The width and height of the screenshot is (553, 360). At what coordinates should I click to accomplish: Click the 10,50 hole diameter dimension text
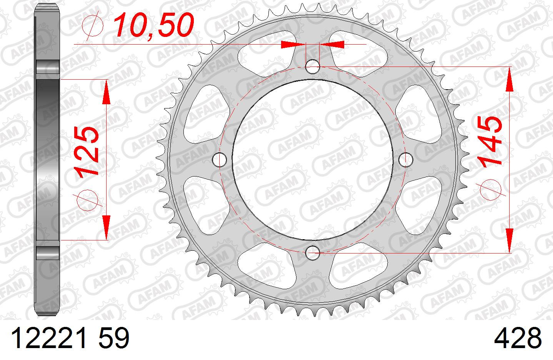153,25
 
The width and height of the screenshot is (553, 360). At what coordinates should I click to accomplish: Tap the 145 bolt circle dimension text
490,142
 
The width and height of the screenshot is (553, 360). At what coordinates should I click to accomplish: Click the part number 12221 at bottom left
49,338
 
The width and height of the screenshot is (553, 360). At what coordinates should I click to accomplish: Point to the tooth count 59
114,338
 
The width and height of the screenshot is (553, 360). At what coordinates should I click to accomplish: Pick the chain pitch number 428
518,338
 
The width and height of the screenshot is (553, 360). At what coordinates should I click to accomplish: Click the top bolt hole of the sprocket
313,67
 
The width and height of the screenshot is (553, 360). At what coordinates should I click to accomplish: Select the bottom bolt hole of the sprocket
313,253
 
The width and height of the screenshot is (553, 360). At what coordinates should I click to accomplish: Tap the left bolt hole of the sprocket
220,160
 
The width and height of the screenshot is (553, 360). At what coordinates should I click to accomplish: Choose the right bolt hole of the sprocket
406,160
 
